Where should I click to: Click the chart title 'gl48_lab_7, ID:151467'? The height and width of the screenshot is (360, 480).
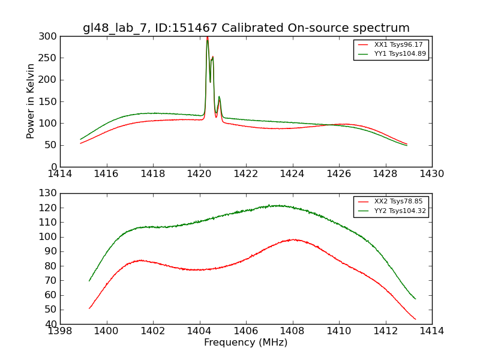click(x=246, y=28)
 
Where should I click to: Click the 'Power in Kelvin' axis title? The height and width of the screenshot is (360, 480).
click(x=31, y=101)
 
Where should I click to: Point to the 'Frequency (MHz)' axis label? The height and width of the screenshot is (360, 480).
click(x=246, y=343)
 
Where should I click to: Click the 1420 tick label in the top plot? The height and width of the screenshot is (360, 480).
click(x=199, y=174)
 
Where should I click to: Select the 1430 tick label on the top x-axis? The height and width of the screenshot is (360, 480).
click(x=432, y=174)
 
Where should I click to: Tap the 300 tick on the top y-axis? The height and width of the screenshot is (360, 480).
click(x=49, y=37)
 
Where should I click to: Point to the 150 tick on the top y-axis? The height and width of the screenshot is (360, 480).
click(x=49, y=101)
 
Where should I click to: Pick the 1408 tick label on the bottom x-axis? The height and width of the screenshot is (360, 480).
click(x=292, y=331)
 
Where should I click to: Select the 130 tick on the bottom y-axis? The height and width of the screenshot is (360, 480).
click(x=49, y=193)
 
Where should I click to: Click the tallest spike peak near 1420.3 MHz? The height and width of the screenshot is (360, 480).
click(x=208, y=38)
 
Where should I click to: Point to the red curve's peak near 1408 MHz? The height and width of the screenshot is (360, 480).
click(x=292, y=239)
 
